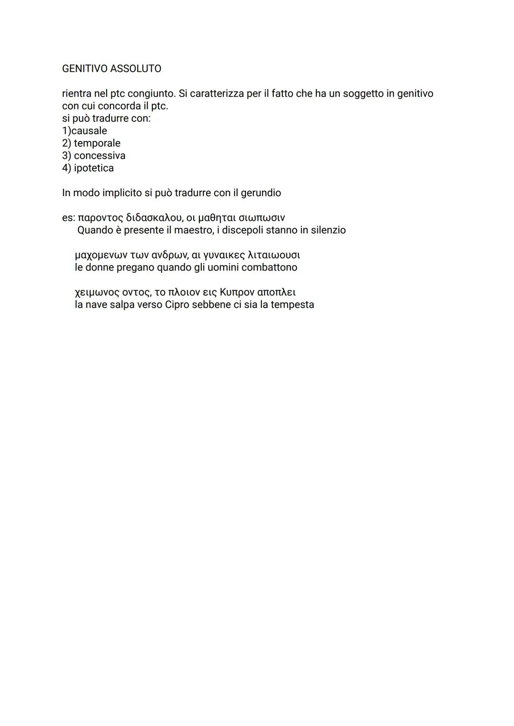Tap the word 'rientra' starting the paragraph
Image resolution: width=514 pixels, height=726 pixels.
[x=77, y=93]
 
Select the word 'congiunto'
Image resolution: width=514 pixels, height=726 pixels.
[x=151, y=93]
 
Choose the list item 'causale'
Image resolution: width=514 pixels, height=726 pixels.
[x=89, y=130]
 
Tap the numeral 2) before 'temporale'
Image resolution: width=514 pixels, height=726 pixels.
[x=66, y=143]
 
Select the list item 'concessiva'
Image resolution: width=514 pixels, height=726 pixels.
[x=99, y=155]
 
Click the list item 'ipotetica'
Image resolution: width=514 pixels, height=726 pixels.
[x=94, y=168]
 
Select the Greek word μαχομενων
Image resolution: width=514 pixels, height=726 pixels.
[x=100, y=255]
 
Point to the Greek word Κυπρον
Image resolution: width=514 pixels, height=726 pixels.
[x=237, y=292]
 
